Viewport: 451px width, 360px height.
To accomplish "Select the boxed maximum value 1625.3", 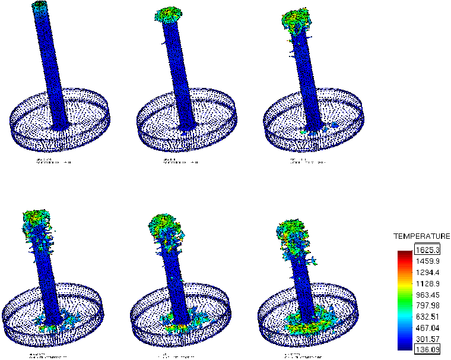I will point(427,250).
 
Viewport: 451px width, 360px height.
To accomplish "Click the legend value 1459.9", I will point(427,261).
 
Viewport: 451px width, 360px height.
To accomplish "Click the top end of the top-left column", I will point(40,5).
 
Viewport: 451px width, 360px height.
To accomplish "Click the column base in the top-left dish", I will point(61,126).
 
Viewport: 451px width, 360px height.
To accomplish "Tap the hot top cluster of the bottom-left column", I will point(36,220).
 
